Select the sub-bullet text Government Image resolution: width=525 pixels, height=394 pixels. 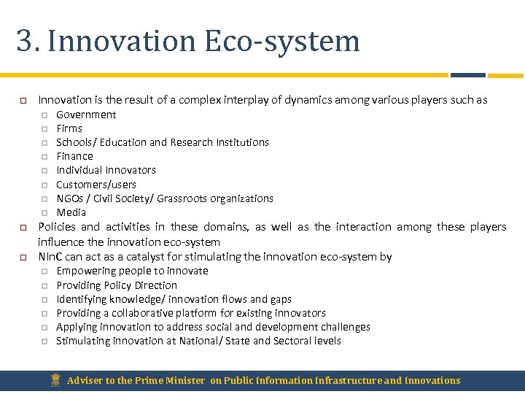tap(86, 115)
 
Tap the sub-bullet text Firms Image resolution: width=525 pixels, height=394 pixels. tap(69, 128)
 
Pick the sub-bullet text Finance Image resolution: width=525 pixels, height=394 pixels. tap(74, 156)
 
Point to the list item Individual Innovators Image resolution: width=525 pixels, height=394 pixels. tap(106, 170)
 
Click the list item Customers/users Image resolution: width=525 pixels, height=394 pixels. tap(96, 185)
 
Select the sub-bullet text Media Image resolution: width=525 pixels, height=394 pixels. tap(71, 212)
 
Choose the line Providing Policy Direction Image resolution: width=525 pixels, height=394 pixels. tap(117, 285)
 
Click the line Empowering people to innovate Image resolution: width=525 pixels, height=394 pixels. tap(132, 271)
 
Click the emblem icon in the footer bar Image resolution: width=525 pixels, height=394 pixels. tap(55, 380)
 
